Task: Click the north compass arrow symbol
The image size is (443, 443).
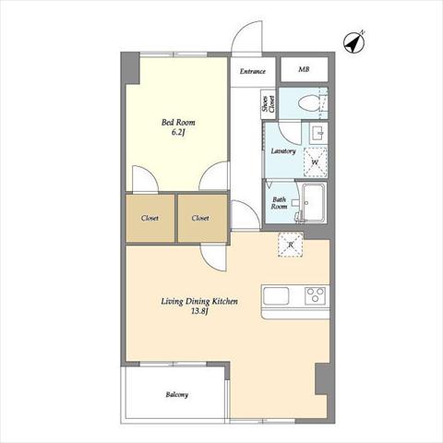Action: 354,42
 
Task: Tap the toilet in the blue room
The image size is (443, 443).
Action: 308,103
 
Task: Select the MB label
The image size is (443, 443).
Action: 304,69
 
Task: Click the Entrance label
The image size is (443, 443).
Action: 252,71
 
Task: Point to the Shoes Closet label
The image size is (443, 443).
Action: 268,104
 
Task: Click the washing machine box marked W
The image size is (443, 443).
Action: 315,162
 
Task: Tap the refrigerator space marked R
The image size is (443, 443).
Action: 291,245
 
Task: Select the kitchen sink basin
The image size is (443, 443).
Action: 276,296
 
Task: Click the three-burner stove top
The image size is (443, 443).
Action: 315,295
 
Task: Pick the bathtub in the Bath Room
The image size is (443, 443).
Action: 314,202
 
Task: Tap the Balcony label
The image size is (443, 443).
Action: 177,394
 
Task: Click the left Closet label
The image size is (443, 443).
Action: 150,218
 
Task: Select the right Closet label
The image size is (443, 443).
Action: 200,218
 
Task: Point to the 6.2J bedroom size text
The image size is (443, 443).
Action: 179,133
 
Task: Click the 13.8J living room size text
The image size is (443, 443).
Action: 199,311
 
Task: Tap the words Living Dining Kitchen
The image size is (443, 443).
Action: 199,301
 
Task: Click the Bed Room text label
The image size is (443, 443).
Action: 178,123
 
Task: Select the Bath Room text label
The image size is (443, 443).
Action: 279,203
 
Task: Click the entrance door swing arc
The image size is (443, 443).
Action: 240,30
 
